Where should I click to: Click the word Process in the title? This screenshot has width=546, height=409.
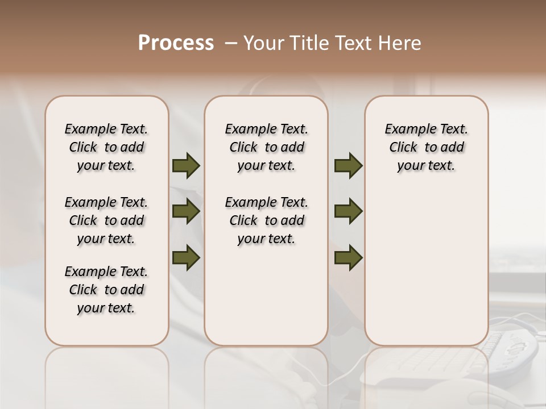tap(176, 43)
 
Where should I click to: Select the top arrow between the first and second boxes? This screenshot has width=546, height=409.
tap(186, 166)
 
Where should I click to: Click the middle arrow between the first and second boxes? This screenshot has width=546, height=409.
tap(186, 211)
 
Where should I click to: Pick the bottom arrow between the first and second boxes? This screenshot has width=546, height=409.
tap(186, 258)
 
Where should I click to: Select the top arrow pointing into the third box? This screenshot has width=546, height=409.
tap(348, 166)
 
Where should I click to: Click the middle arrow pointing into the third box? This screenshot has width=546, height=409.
tap(348, 211)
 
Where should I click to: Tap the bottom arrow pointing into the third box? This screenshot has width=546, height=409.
tap(348, 258)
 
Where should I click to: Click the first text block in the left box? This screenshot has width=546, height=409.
tap(106, 147)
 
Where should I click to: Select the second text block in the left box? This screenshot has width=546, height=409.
tap(106, 220)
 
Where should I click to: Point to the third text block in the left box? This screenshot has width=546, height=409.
tap(106, 290)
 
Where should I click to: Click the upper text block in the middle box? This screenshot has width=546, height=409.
tap(266, 147)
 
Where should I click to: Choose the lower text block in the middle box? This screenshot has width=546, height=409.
tap(266, 220)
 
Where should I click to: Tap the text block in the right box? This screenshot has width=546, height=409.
tap(426, 147)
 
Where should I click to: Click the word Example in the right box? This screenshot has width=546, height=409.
tap(406, 130)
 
